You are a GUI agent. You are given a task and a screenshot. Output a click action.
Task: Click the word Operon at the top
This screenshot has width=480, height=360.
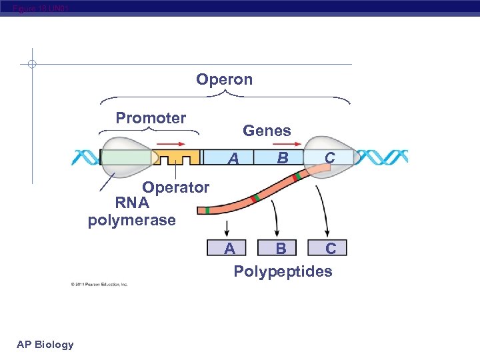click(x=224, y=80)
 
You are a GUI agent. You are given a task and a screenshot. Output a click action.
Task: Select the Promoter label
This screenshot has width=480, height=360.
click(x=151, y=119)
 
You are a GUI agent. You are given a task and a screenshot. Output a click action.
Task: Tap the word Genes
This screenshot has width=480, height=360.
click(x=267, y=131)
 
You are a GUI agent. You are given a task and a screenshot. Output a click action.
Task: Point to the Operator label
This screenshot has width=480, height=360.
click(x=175, y=188)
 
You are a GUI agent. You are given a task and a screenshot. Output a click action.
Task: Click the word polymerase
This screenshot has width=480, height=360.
click(x=132, y=220)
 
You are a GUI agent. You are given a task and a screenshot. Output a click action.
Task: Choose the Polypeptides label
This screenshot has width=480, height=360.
click(x=283, y=272)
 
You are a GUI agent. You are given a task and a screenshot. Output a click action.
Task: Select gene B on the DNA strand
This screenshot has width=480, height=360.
click(x=283, y=158)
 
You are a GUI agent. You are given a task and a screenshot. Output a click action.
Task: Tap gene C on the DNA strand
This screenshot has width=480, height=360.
click(x=329, y=158)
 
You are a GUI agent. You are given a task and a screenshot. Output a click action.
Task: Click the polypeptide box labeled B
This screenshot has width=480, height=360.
click(x=281, y=249)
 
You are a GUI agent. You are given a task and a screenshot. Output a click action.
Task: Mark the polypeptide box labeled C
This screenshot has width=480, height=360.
click(x=331, y=249)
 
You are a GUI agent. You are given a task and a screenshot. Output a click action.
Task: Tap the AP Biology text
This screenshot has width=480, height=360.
click(x=45, y=345)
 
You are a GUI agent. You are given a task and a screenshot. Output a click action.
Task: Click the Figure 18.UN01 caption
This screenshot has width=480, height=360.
click(x=39, y=9)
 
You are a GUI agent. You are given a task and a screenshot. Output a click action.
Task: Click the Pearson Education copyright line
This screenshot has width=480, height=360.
click(x=99, y=285)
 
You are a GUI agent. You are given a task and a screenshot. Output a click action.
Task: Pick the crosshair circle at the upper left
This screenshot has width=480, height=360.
click(x=31, y=65)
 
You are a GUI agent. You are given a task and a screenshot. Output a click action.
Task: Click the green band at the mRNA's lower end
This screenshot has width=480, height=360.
click(x=208, y=211)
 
